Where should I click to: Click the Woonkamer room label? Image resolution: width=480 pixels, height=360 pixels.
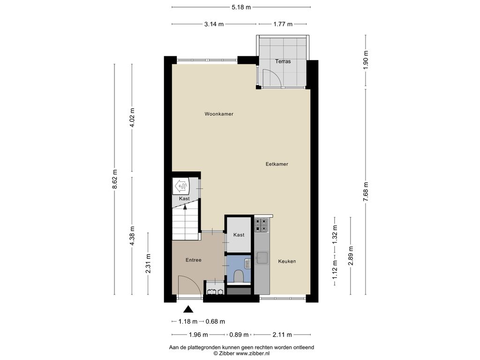tap(219, 114)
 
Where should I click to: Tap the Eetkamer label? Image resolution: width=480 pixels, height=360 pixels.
tap(277, 164)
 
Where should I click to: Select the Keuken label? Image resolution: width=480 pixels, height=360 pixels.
tap(287, 262)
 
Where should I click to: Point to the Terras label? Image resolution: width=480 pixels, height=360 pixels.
tap(283, 61)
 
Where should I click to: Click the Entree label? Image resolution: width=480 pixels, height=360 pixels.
tap(194, 260)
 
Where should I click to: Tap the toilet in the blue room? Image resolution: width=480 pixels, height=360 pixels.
tap(238, 276)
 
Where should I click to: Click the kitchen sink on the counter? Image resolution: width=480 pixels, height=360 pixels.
tap(262, 257)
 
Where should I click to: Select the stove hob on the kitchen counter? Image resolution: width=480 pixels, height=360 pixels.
tap(262, 225)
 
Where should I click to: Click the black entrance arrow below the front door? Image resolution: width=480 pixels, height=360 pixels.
tap(188, 309)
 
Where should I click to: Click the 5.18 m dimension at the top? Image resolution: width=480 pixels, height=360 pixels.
tap(241, 7)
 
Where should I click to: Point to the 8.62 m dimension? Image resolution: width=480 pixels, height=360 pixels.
tap(114, 180)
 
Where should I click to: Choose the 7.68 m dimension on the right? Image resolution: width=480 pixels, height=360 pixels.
tap(366, 192)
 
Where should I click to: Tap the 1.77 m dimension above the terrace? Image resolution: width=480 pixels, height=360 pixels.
tap(283, 24)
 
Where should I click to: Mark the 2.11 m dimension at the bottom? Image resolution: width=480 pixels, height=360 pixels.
tap(282, 335)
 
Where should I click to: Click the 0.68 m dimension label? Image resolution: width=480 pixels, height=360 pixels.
tap(215, 322)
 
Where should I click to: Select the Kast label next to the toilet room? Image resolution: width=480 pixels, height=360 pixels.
tap(239, 235)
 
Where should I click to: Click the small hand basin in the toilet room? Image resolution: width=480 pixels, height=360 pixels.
tap(248, 263)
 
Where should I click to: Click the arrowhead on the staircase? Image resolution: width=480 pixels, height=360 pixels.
tap(185, 207)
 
